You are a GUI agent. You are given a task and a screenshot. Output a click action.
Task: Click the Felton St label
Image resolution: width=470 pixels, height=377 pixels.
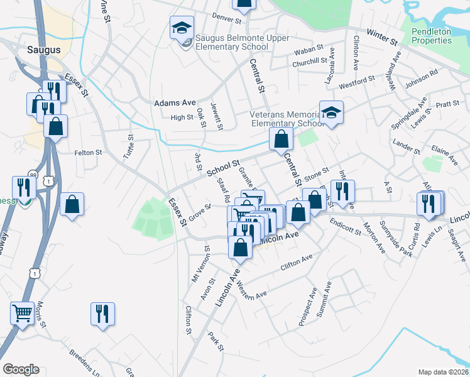click(88, 153)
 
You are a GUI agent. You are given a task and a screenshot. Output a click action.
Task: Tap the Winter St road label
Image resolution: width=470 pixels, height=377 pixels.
click(383, 37)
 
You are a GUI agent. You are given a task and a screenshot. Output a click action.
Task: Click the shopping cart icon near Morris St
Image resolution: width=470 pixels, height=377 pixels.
click(23, 312)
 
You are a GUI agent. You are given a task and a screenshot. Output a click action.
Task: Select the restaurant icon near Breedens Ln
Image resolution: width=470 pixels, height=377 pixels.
click(102, 312)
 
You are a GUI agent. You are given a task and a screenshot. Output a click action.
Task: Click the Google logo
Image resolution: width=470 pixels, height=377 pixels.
click(21, 369)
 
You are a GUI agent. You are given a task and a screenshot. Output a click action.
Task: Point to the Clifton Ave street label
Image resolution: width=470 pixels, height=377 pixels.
click(297, 262)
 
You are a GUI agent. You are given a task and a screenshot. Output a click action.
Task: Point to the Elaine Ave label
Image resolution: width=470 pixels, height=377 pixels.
click(444, 156)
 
